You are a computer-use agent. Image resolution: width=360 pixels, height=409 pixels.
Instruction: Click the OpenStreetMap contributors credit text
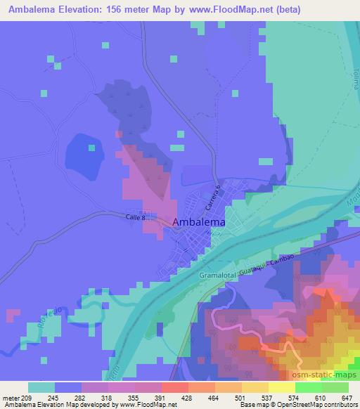click(321, 405)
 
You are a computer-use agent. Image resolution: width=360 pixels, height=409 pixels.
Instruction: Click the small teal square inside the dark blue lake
click(91, 147)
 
